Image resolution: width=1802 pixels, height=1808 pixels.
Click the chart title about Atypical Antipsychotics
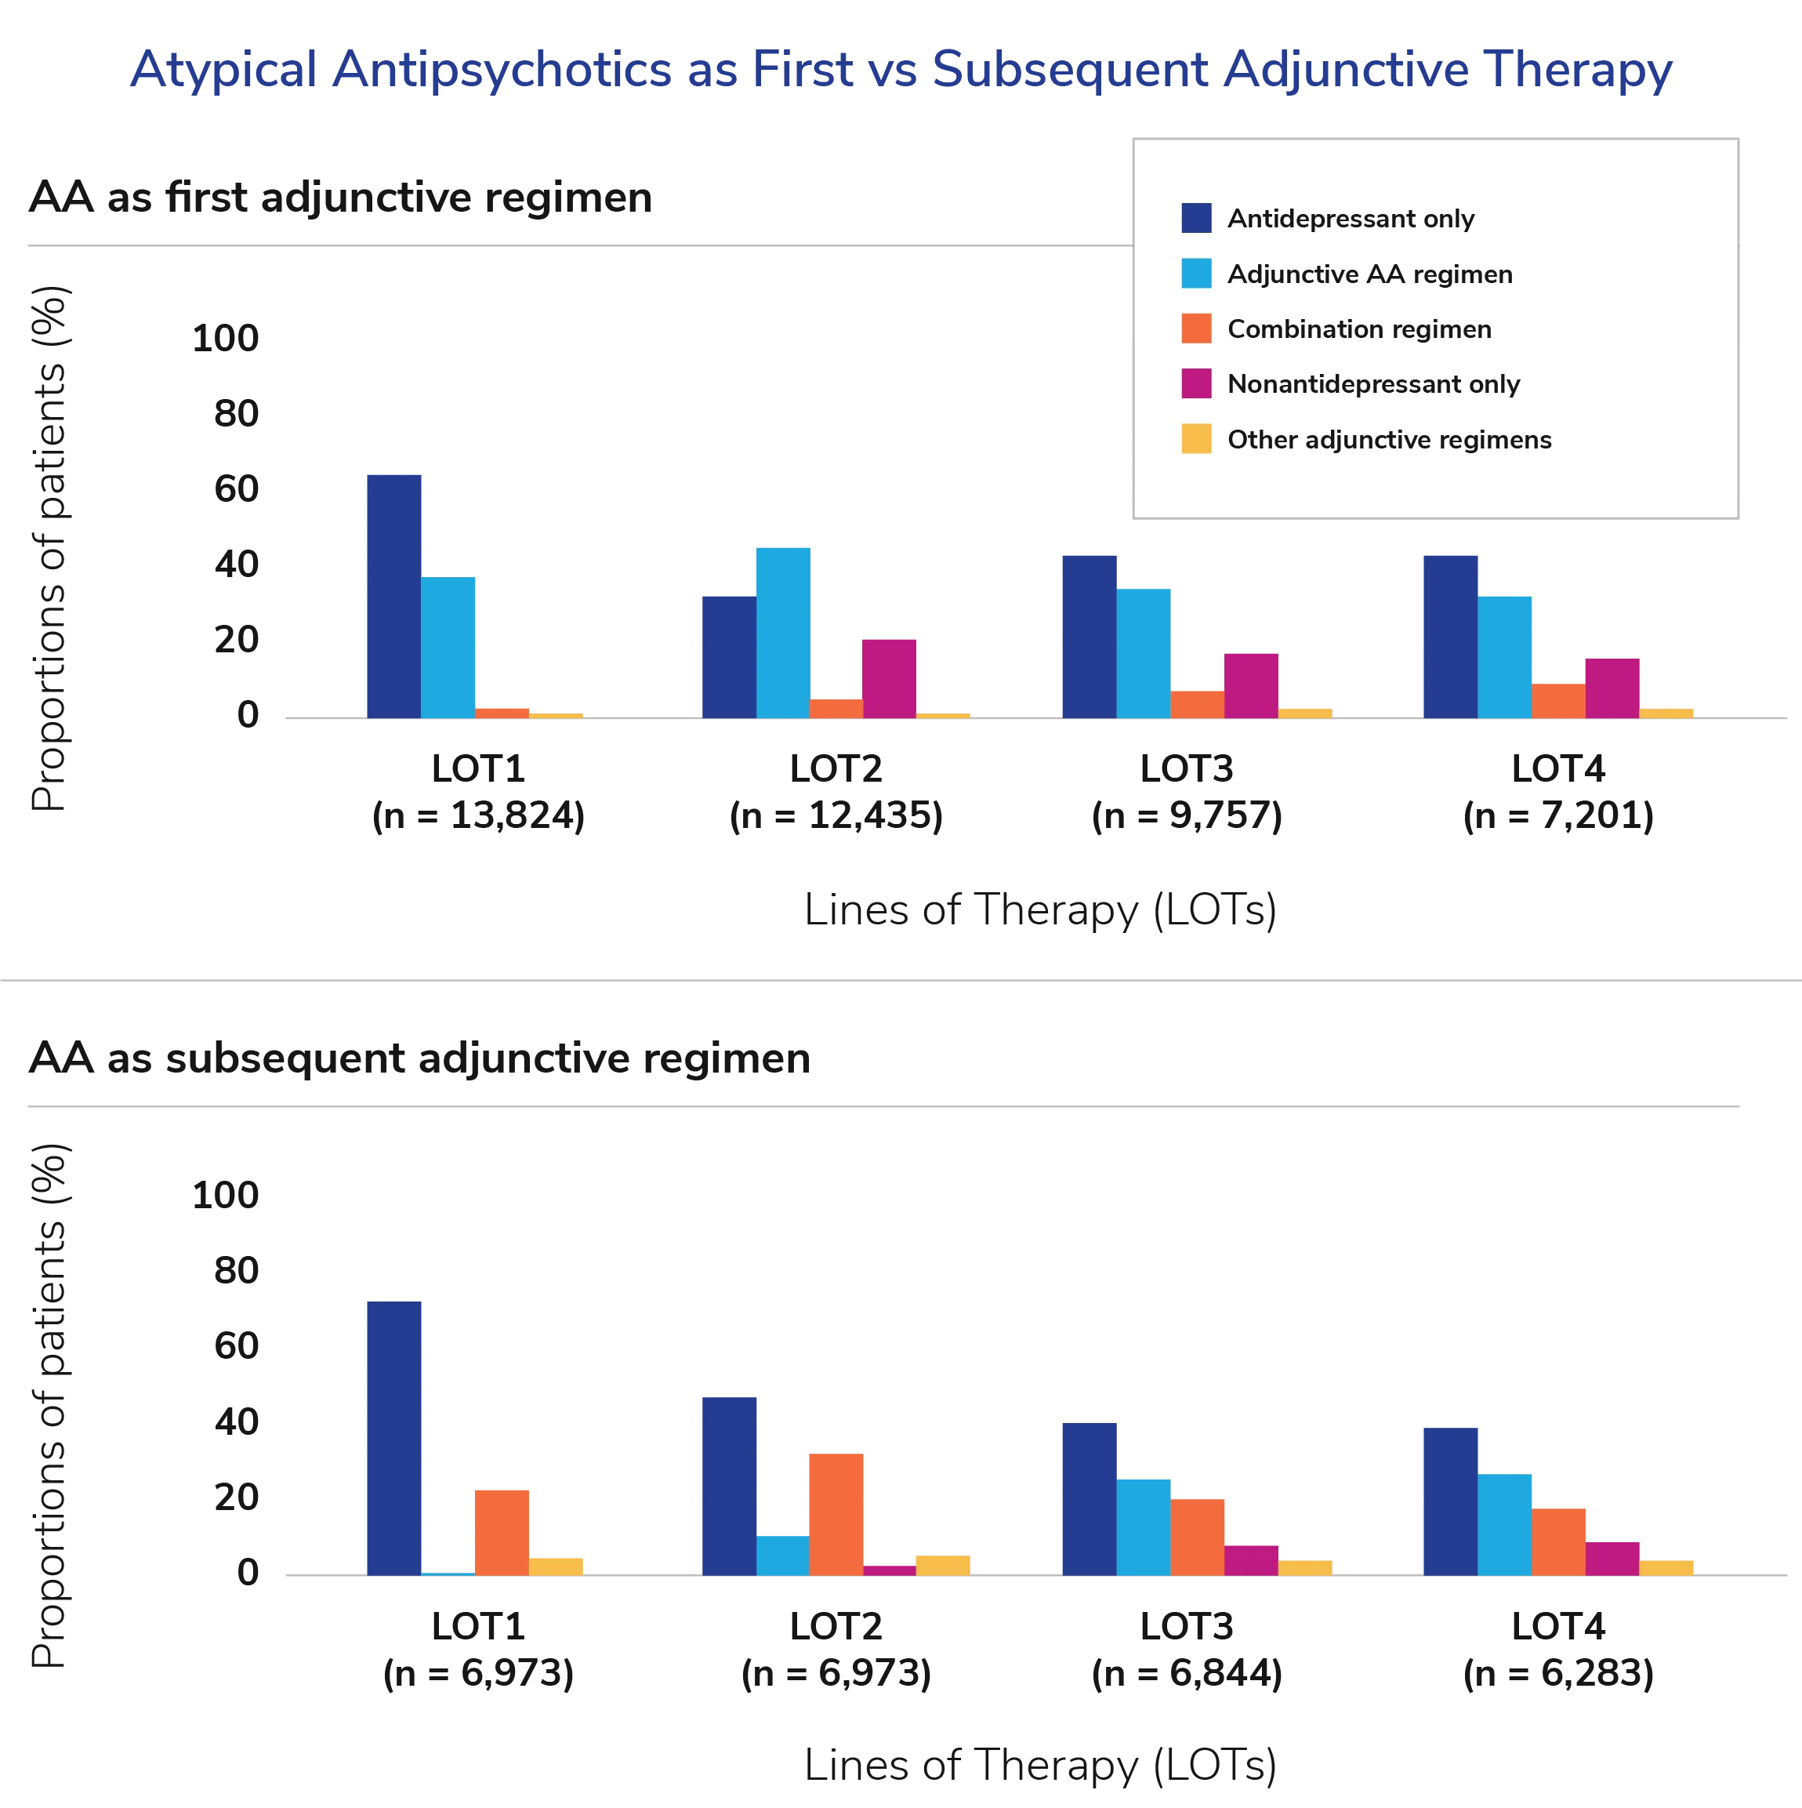click(x=900, y=69)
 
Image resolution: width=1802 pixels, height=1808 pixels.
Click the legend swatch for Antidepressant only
click(x=1196, y=218)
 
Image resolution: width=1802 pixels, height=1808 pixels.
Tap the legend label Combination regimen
click(x=1358, y=329)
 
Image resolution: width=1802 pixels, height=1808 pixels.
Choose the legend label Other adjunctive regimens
click(x=1388, y=440)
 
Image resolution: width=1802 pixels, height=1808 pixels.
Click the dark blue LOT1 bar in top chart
click(x=394, y=595)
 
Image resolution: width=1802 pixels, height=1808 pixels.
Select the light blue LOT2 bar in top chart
click(x=783, y=633)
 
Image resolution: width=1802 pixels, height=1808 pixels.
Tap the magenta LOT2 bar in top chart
click(x=889, y=677)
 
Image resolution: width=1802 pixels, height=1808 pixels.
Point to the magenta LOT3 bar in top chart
click(x=1251, y=685)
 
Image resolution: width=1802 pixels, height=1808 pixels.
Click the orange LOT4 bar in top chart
click(x=1557, y=701)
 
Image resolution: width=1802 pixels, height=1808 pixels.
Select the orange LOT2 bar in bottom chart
click(x=836, y=1513)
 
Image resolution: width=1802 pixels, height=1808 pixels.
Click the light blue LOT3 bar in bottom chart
click(x=1144, y=1527)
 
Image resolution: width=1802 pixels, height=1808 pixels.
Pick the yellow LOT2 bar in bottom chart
click(x=943, y=1567)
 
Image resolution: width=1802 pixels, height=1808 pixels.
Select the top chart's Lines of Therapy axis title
click(x=1039, y=910)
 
